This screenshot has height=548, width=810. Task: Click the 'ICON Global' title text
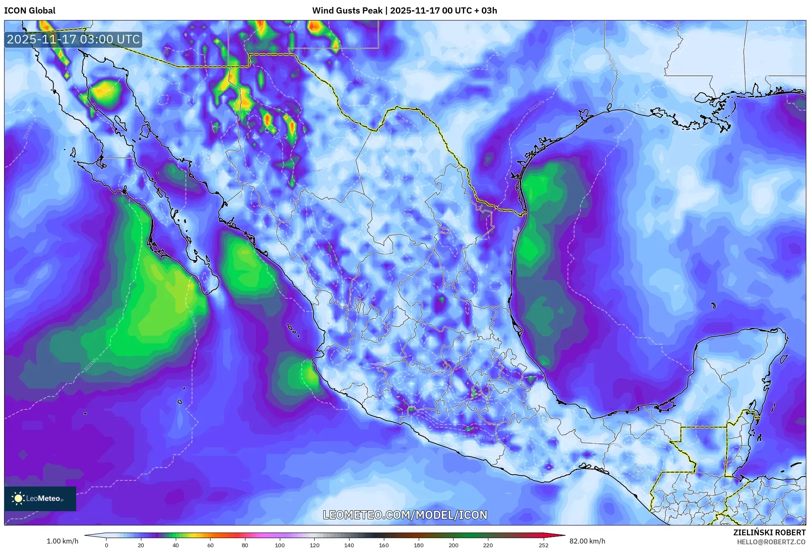29,11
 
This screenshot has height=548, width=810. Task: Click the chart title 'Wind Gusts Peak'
347,11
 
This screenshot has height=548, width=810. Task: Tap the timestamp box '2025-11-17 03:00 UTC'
73,39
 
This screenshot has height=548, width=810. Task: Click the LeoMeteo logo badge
40,498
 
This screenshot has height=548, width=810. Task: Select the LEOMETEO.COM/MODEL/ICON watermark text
405,515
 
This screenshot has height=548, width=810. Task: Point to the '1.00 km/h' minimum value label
62,541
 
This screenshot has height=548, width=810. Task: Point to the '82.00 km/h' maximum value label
587,541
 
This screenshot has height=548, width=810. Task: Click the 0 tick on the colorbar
107,545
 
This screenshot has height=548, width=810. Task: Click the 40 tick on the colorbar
176,545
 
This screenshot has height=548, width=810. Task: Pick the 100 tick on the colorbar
280,545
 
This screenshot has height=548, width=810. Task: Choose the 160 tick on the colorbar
384,545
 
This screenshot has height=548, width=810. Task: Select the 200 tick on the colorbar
453,545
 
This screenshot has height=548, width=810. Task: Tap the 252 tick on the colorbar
544,545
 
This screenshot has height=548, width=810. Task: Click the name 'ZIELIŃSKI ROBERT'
769,532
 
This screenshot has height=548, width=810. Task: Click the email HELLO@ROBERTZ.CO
771,542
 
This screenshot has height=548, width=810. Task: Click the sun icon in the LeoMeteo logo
18,498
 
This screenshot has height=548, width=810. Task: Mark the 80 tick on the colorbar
245,545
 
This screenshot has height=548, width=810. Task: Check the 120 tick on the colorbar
315,545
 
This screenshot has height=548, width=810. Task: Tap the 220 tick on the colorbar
488,545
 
